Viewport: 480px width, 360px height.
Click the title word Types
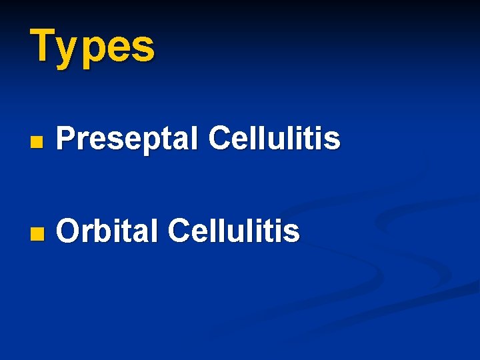tap(92, 47)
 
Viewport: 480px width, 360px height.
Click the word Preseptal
tap(127, 140)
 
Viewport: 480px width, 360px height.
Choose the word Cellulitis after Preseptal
tap(274, 139)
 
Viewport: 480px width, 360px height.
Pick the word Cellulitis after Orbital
tap(234, 231)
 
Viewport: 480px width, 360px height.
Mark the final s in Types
tap(145, 48)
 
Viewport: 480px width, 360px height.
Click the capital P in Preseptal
tap(65, 139)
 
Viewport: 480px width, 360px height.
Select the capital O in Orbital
tap(68, 232)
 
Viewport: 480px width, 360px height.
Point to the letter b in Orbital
tap(100, 231)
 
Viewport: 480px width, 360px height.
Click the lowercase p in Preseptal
tap(147, 143)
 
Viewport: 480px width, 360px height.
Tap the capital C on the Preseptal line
tap(221, 139)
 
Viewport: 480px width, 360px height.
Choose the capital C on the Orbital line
tap(181, 231)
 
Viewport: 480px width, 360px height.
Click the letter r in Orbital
tap(87, 234)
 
